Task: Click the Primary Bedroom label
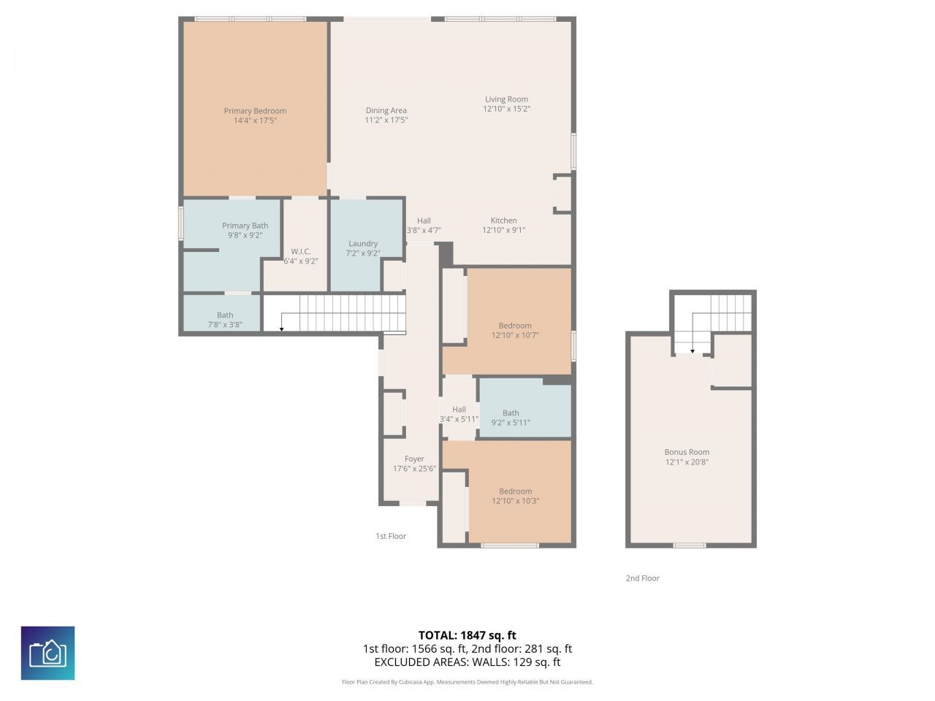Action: pyautogui.click(x=255, y=111)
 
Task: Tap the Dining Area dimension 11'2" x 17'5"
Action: pyautogui.click(x=386, y=120)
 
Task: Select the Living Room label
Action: pyautogui.click(x=506, y=99)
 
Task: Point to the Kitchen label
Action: pyautogui.click(x=503, y=221)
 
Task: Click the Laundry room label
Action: pyautogui.click(x=363, y=244)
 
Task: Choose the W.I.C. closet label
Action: pyautogui.click(x=300, y=251)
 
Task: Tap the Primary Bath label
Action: pyautogui.click(x=245, y=226)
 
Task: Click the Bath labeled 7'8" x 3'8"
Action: pyautogui.click(x=224, y=320)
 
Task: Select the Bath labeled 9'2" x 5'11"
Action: pyautogui.click(x=511, y=418)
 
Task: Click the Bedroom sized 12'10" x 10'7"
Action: pyautogui.click(x=515, y=331)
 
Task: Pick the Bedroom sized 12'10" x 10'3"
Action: pyautogui.click(x=515, y=496)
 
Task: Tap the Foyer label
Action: pyautogui.click(x=414, y=459)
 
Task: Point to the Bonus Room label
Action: pyautogui.click(x=687, y=452)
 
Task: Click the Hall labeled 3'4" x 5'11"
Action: pyautogui.click(x=459, y=414)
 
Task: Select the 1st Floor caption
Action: pyautogui.click(x=391, y=536)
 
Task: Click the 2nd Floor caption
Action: pyautogui.click(x=642, y=578)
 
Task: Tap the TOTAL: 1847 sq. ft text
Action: pyautogui.click(x=467, y=635)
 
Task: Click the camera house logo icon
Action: pyautogui.click(x=47, y=653)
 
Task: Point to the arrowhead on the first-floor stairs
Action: pyautogui.click(x=281, y=329)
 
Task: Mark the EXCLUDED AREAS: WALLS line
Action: pyautogui.click(x=467, y=662)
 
